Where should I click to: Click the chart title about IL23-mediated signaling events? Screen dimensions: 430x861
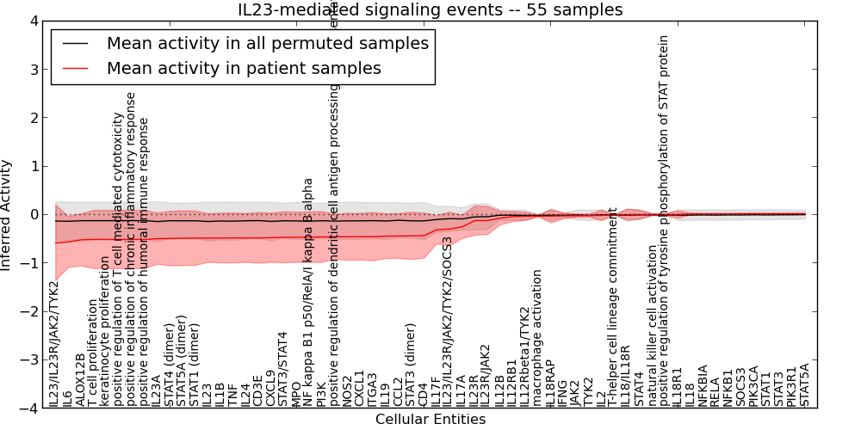click(430, 10)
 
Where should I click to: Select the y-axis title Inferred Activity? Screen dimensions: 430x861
click(7, 214)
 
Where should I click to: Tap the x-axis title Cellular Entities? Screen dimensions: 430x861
click(430, 420)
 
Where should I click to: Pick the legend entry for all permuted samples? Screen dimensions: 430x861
click(267, 43)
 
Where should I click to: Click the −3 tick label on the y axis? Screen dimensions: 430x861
click(33, 361)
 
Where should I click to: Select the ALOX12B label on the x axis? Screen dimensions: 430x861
click(80, 379)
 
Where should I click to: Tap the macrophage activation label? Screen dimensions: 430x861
click(537, 337)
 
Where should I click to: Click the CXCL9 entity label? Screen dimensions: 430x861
click(270, 388)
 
